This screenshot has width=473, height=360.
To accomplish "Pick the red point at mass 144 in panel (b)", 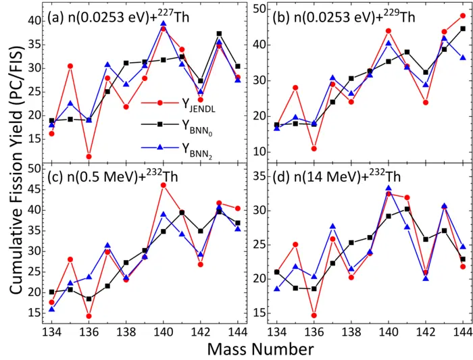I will point(463,16).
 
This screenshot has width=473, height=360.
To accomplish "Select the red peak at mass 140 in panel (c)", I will point(163,185).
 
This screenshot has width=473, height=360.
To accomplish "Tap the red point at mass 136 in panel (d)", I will point(314,315).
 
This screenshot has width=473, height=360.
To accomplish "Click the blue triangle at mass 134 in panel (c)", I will point(52,309).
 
